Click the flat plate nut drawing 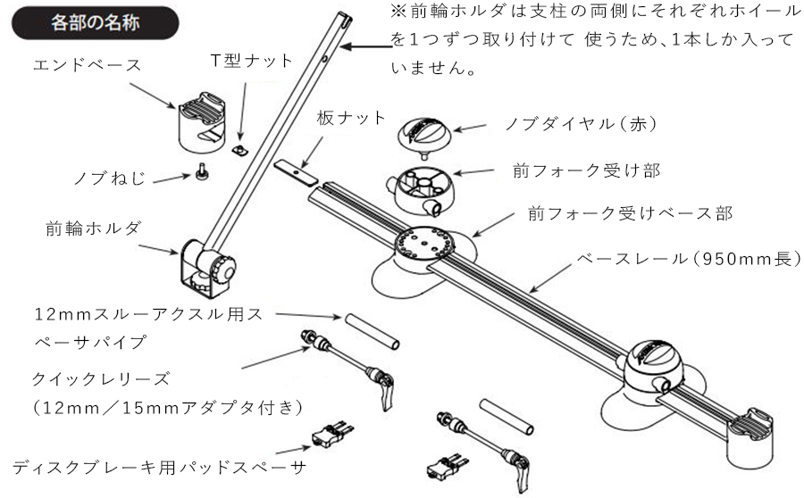[x=295, y=170]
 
